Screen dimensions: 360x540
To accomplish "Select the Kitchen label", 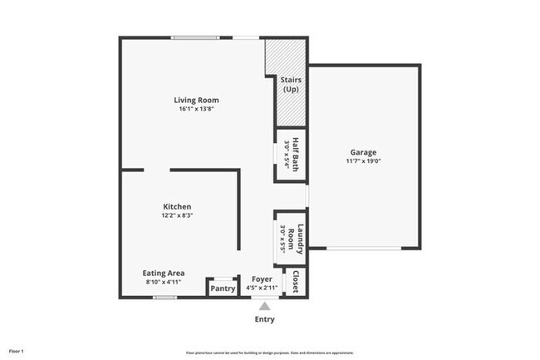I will coord(177,206).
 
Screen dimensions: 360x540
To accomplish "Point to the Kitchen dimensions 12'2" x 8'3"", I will coord(177,215).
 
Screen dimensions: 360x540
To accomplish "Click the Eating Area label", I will coord(164,273).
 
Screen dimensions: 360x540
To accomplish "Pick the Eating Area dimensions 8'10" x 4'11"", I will coord(164,282).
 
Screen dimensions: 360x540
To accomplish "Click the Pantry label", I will coord(222,288).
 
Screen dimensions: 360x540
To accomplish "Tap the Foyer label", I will coord(262,279).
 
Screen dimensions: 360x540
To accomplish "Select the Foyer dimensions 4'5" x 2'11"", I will coord(262,288).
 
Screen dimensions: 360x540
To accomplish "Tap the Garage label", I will coord(363,152).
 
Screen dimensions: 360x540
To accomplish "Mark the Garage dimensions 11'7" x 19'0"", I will coord(363,161).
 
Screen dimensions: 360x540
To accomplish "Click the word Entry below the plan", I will coord(264,319).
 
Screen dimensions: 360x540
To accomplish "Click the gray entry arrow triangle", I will coord(264,306).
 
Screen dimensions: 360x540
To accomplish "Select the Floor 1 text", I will coord(17,352).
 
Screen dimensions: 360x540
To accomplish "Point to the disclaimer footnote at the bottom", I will coord(269,353).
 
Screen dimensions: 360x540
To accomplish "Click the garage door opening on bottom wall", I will coord(363,248).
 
